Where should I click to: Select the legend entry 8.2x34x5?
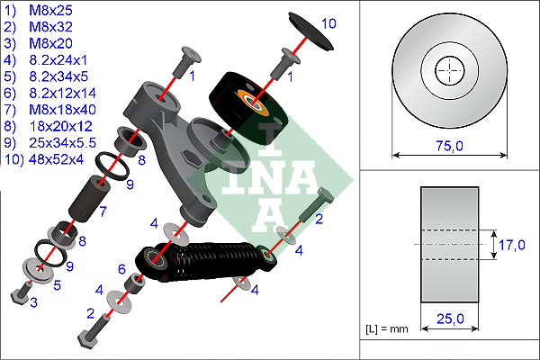coord(44,76)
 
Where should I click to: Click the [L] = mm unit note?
coord(388,329)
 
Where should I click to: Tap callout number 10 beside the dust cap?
coord(328,24)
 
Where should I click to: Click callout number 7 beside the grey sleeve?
coord(103,212)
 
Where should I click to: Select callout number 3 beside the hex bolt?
coord(33,303)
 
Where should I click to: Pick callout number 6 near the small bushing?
coord(121,268)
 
